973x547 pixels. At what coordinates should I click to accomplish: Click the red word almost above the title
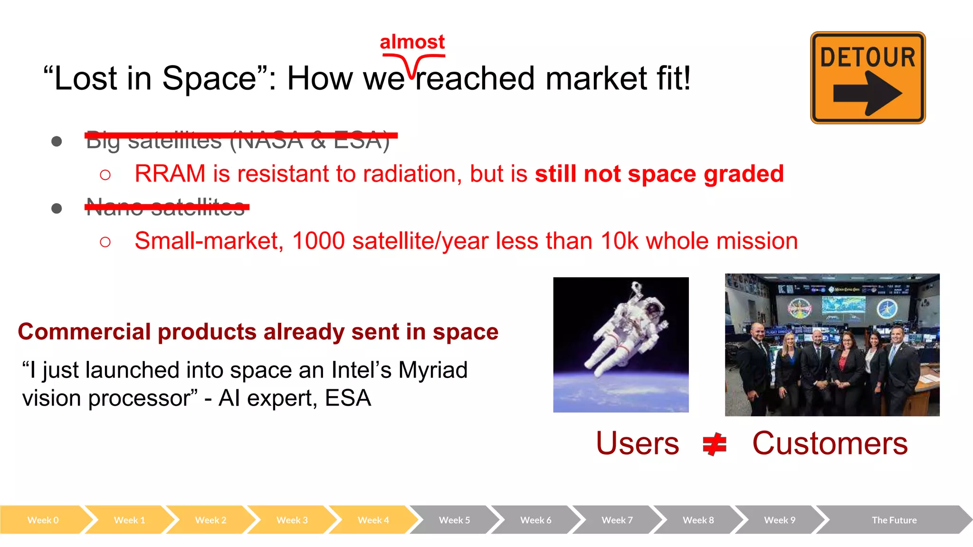click(x=412, y=42)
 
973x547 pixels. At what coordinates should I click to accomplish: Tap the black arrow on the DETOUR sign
click(x=868, y=93)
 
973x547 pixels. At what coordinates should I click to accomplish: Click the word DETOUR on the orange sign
click(x=868, y=57)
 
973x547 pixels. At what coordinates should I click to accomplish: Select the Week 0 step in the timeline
click(x=43, y=520)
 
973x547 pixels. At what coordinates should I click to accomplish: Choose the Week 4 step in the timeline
click(x=373, y=520)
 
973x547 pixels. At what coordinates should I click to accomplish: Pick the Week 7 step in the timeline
click(x=617, y=520)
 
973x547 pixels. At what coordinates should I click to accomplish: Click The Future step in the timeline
click(x=894, y=520)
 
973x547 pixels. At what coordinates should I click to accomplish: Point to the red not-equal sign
click(x=715, y=444)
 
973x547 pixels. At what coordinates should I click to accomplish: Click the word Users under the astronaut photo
click(x=637, y=443)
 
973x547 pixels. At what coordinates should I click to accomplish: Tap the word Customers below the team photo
click(x=830, y=443)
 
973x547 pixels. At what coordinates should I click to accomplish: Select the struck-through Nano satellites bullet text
click(x=166, y=207)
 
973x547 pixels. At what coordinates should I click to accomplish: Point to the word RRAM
click(x=170, y=174)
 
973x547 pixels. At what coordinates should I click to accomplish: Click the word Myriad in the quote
click(x=432, y=370)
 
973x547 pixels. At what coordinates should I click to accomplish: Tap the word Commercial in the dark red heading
click(x=84, y=331)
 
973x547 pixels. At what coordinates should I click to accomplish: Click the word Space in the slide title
click(x=209, y=78)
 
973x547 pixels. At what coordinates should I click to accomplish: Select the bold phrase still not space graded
click(x=659, y=174)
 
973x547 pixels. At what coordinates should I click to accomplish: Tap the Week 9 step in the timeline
click(x=779, y=520)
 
